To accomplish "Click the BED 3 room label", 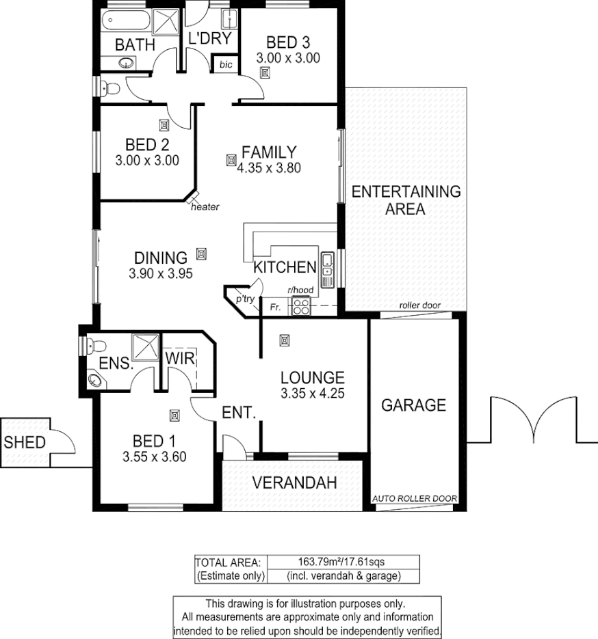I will pyautogui.click(x=287, y=41).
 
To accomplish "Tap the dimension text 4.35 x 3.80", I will pyautogui.click(x=269, y=167).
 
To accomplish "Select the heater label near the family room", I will pyautogui.click(x=205, y=207).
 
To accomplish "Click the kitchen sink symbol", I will pyautogui.click(x=327, y=267).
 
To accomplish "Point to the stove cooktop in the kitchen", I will pyautogui.click(x=301, y=306).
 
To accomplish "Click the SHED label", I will pyautogui.click(x=25, y=442).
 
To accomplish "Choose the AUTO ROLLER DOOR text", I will pyautogui.click(x=414, y=499).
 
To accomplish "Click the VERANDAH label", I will pyautogui.click(x=294, y=482).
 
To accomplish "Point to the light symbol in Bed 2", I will pyautogui.click(x=164, y=125).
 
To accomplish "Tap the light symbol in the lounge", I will pyautogui.click(x=284, y=340).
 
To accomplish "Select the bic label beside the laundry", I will pyautogui.click(x=226, y=65).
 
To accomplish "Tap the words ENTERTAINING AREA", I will pyautogui.click(x=406, y=200).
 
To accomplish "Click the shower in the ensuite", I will pyautogui.click(x=144, y=346).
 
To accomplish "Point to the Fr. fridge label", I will pyautogui.click(x=275, y=308).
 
